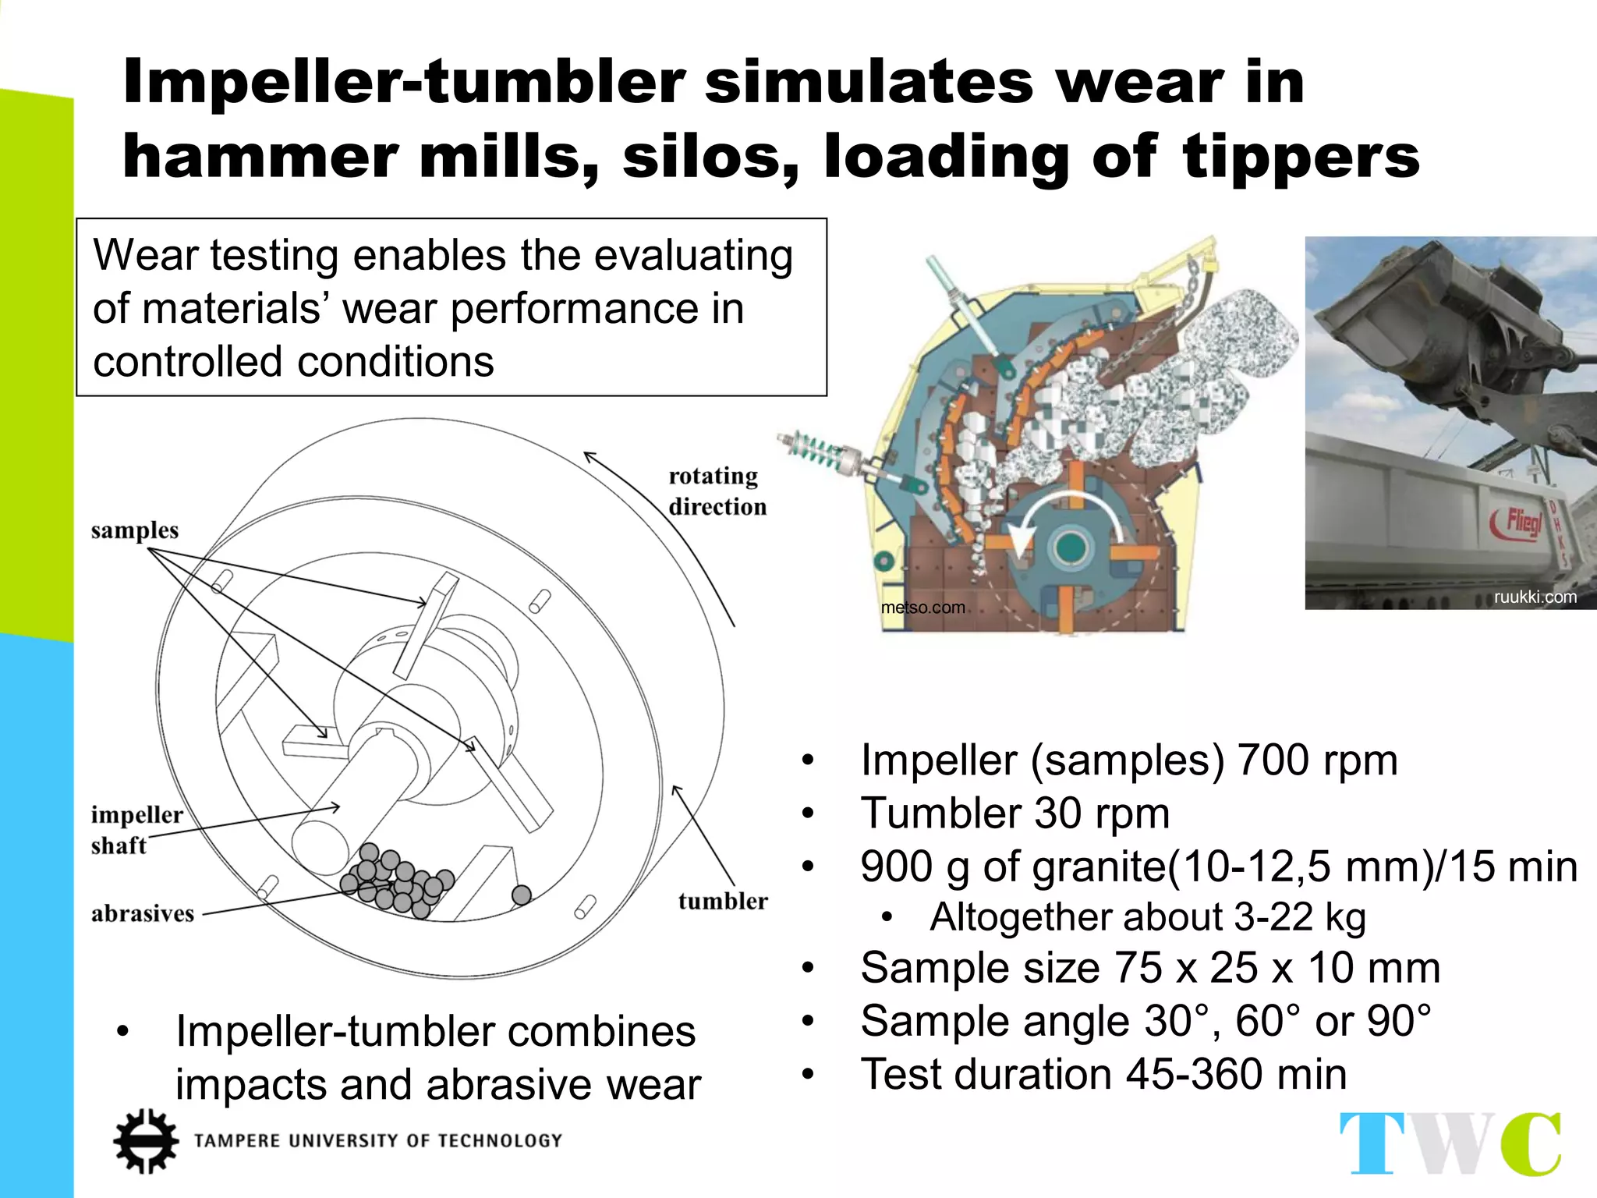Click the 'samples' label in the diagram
point(134,530)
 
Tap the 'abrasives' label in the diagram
point(143,913)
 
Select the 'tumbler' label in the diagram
point(722,901)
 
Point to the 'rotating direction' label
point(717,491)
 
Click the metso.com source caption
point(922,608)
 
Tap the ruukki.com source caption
point(1535,597)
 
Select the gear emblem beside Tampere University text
point(145,1140)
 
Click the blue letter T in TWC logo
point(1372,1143)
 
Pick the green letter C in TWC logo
point(1531,1143)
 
